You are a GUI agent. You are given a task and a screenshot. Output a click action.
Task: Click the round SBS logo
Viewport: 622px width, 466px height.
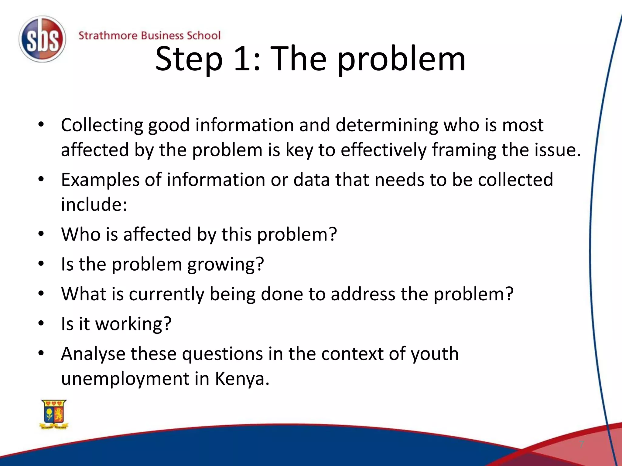[42, 39]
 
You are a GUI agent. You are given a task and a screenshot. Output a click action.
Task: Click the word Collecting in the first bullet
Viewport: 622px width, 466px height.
[102, 125]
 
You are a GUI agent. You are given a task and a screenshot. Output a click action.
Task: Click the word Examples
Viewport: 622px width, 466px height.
[100, 180]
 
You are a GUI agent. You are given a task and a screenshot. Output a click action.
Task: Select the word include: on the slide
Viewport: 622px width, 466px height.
[94, 204]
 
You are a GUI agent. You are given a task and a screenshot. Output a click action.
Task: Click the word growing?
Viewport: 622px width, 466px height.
[225, 264]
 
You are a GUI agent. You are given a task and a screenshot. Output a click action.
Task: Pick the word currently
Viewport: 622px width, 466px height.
[166, 294]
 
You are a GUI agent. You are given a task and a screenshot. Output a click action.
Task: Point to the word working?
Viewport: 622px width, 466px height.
[133, 324]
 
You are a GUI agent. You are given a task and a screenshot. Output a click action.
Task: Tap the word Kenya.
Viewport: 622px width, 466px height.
[242, 379]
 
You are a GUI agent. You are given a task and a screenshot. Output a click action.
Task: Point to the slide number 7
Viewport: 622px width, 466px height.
[582, 444]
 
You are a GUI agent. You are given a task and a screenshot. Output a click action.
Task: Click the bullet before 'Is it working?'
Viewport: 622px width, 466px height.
[41, 323]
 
